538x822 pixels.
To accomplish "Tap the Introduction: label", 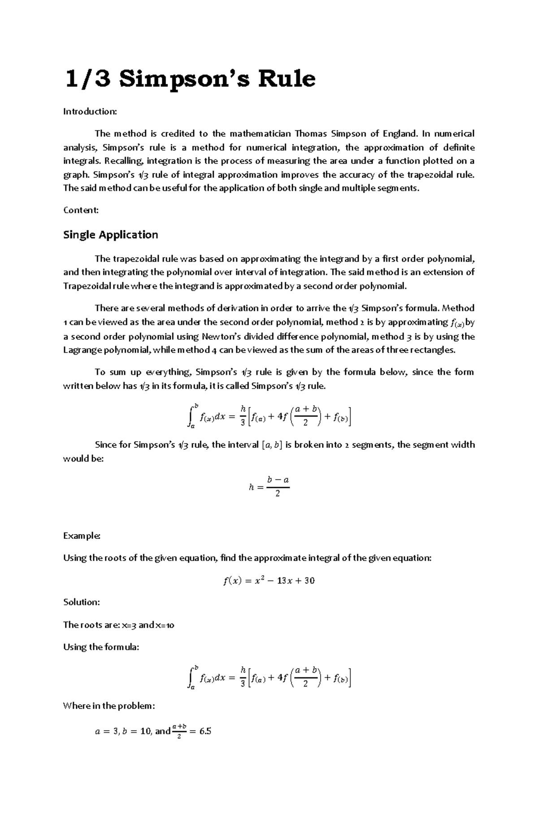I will [x=90, y=111].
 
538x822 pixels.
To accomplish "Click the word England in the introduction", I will [x=399, y=133].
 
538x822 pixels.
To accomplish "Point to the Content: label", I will [x=81, y=210].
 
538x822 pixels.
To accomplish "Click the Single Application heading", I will [x=110, y=235].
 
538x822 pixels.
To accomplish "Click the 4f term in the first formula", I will [x=282, y=417].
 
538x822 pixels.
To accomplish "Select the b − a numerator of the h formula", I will [x=278, y=480].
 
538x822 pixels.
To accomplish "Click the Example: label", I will [x=82, y=536].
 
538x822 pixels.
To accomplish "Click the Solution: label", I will [x=82, y=602].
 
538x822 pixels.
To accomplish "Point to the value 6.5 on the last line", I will [x=205, y=732].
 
